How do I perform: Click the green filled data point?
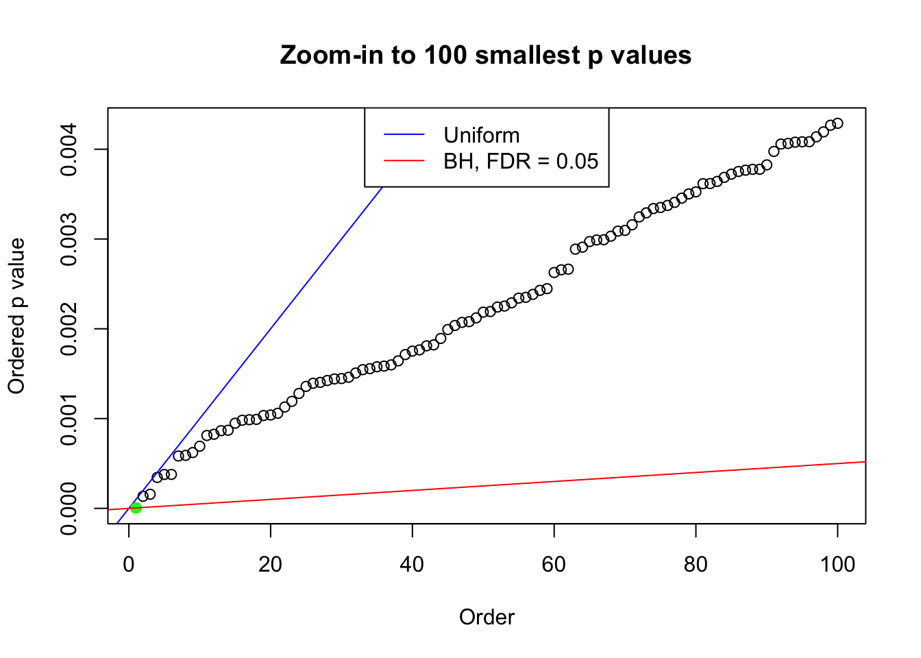coord(136,508)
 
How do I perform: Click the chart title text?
coord(486,56)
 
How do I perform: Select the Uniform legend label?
coord(481,135)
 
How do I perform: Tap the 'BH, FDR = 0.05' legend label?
coord(521,161)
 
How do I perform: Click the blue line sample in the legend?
coord(404,135)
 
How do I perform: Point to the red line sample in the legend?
coord(404,161)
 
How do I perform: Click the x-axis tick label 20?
coord(271,564)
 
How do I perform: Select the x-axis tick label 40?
coord(412,564)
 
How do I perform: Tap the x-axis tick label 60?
coord(554,564)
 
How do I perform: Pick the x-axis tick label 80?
coord(696,564)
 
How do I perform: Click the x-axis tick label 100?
coord(837,564)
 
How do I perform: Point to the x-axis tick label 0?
coord(129,564)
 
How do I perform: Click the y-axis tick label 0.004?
coord(69,149)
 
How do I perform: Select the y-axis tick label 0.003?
coord(69,239)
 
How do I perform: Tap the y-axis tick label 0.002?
coord(69,329)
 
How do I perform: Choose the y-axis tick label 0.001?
coord(69,419)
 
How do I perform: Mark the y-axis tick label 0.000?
coord(69,509)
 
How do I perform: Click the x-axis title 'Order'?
coord(487,618)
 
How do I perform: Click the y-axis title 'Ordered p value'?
coord(16,316)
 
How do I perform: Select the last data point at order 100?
coord(837,123)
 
